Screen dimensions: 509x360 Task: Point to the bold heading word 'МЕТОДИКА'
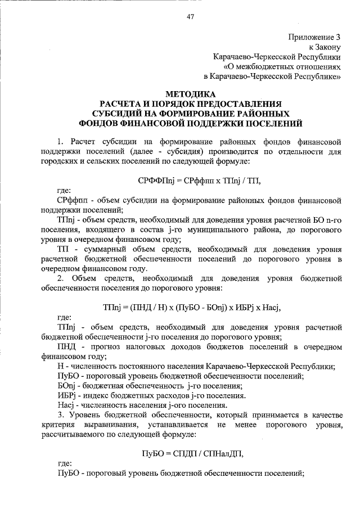tap(191, 93)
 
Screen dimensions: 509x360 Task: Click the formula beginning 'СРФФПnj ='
tap(191, 179)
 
